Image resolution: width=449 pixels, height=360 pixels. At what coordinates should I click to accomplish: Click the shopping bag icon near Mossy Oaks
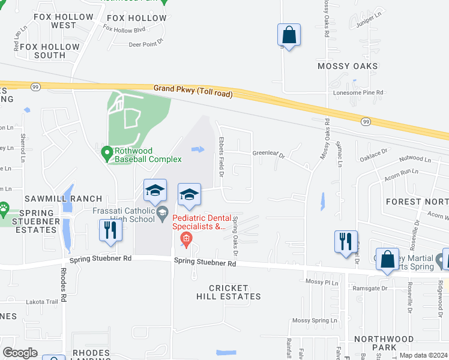289,35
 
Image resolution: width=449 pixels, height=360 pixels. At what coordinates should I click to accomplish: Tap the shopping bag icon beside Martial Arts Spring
388,259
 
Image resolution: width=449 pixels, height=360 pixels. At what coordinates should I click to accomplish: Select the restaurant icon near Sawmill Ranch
110,231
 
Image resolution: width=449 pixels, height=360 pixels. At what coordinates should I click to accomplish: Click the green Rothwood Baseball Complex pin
107,154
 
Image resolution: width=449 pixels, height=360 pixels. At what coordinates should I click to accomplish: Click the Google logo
20,353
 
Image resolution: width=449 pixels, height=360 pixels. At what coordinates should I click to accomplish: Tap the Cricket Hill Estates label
229,292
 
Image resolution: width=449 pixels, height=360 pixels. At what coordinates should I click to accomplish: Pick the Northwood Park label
384,343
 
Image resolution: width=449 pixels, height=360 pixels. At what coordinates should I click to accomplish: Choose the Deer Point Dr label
146,44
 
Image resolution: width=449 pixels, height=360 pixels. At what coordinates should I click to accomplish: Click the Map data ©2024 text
423,355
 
